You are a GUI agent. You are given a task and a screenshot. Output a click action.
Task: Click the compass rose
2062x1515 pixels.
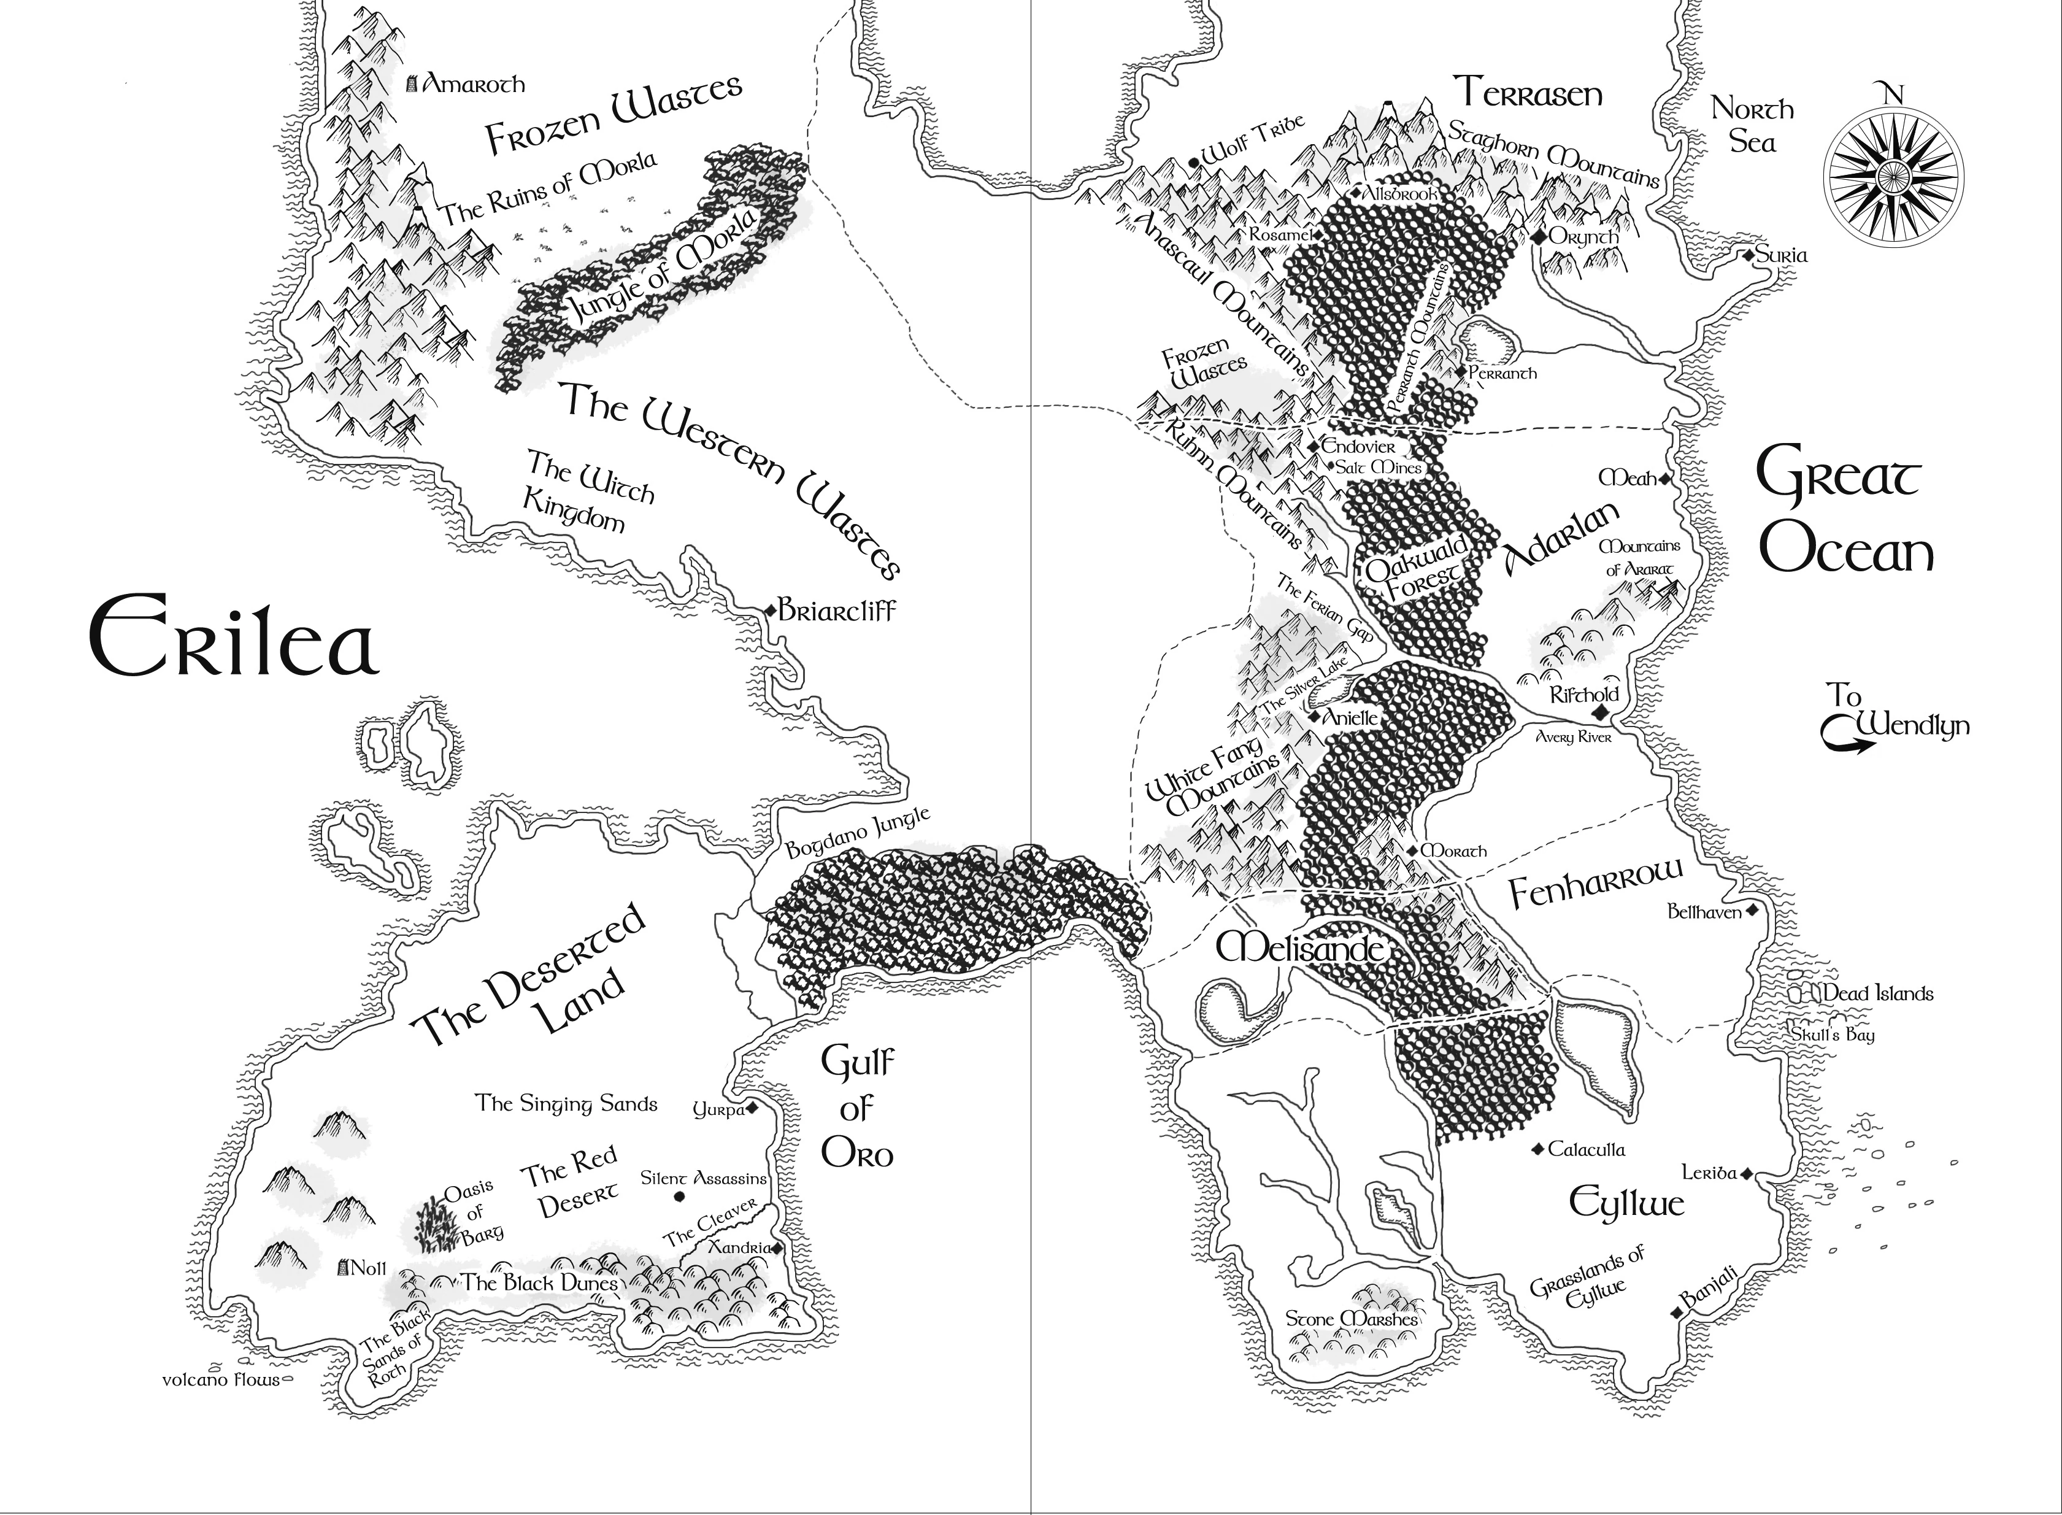(1891, 174)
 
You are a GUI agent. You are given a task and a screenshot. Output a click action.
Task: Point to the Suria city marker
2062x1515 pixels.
(1749, 255)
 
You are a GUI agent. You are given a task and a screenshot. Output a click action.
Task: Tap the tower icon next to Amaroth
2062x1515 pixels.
(412, 84)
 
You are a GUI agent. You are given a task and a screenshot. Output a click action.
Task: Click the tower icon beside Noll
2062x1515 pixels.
(345, 1268)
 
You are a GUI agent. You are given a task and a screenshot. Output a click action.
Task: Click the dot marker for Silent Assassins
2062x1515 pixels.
(679, 1197)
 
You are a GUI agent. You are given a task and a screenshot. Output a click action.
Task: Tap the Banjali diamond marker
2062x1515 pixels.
(1677, 1313)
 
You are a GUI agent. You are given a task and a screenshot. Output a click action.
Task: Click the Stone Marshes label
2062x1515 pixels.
(1352, 1319)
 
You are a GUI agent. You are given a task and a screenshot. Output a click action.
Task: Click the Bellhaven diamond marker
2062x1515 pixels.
(1751, 911)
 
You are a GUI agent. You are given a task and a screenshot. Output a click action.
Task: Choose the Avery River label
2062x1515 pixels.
(1573, 736)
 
